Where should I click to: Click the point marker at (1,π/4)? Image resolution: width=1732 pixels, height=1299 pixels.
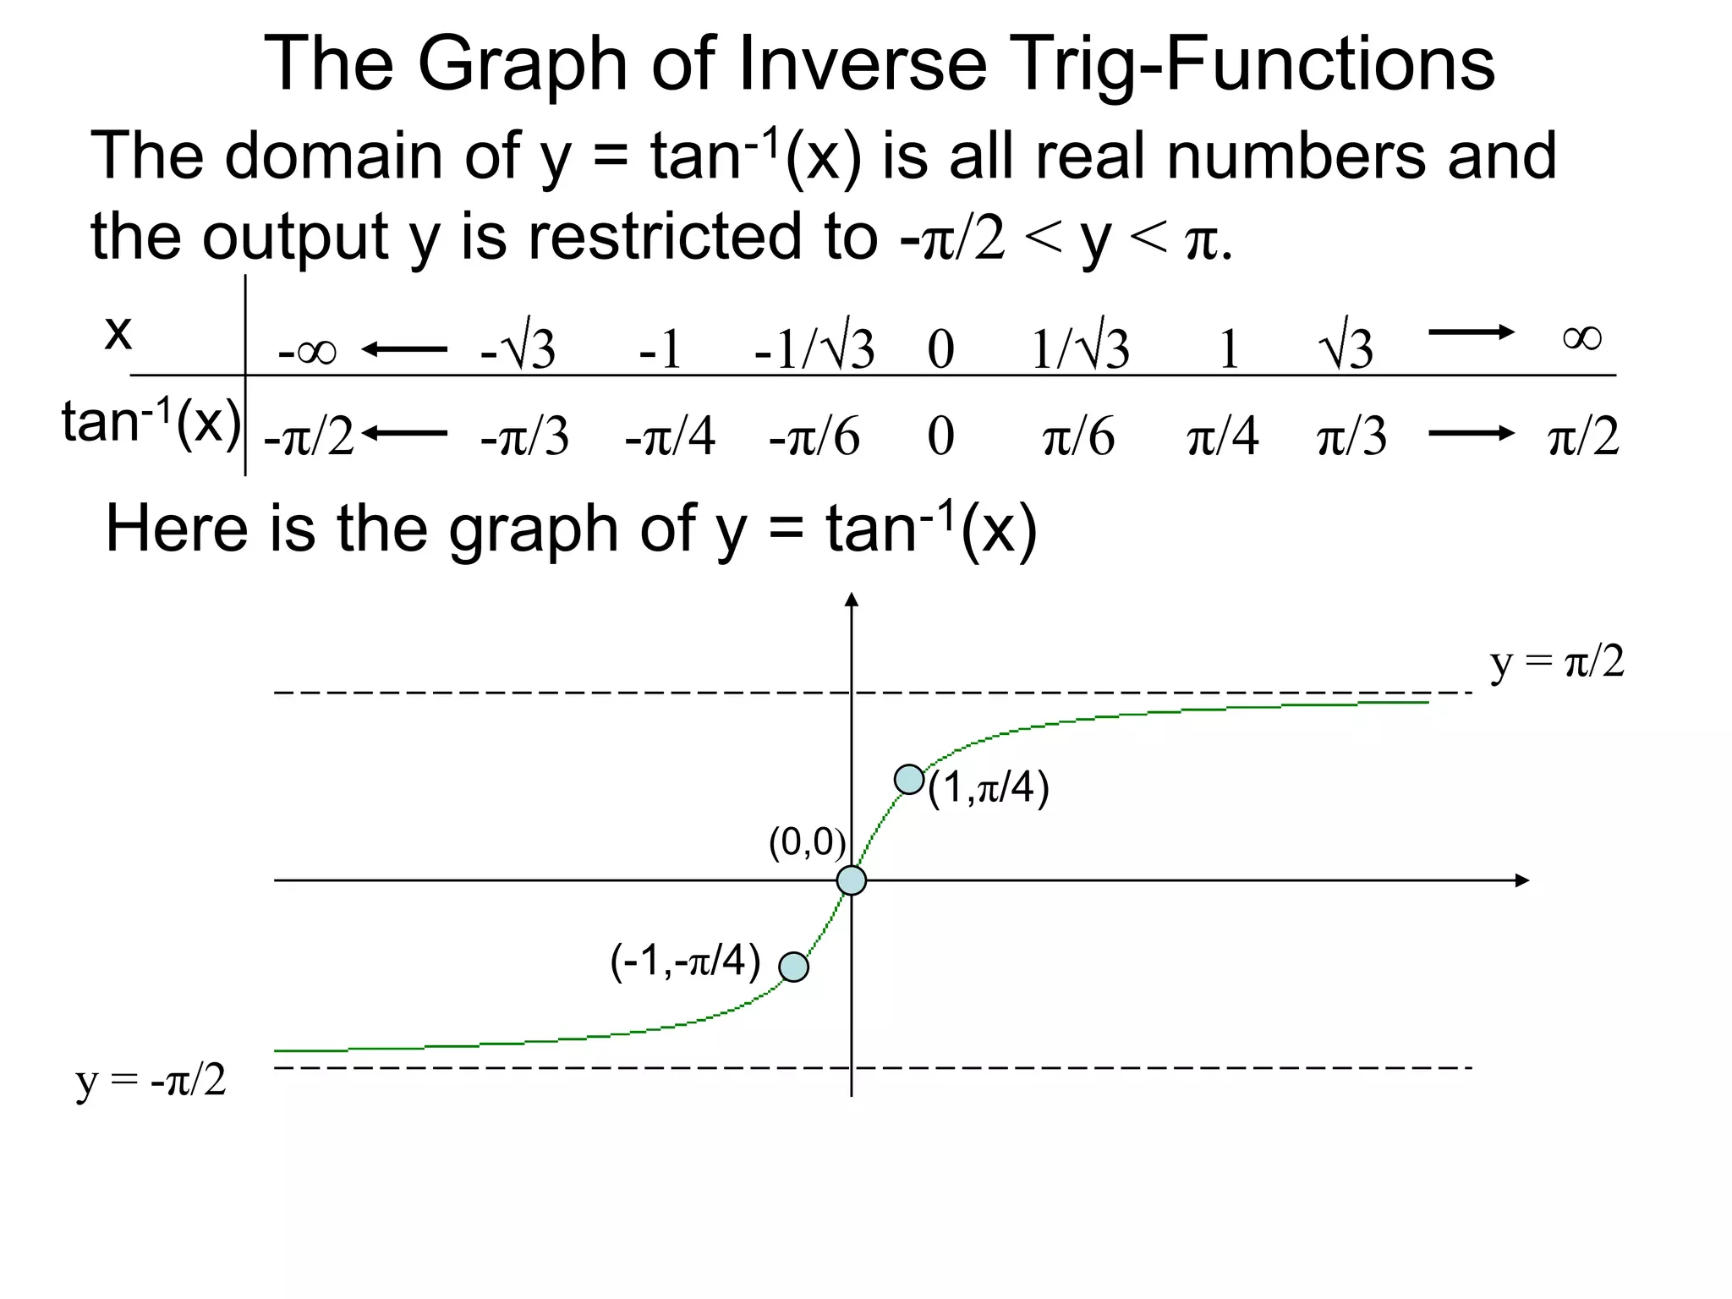pos(909,779)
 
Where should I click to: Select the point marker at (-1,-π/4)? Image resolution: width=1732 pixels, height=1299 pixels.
pos(793,967)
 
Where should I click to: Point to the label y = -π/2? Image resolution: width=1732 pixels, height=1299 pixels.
pos(151,1081)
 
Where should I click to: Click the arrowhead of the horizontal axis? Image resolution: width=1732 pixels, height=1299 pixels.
pos(1522,880)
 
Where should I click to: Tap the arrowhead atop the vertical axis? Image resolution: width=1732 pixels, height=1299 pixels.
pos(852,600)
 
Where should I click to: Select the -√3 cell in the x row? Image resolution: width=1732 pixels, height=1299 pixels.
pos(518,348)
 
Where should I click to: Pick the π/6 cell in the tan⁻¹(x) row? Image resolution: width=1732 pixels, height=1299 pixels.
pos(1078,437)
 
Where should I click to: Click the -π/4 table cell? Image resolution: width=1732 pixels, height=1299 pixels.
pos(670,437)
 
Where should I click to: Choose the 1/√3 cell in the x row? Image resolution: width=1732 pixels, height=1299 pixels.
pos(1080,348)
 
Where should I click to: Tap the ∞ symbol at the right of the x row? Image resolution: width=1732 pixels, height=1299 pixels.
pos(1581,337)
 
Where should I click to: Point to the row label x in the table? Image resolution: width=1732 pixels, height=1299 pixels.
pos(118,332)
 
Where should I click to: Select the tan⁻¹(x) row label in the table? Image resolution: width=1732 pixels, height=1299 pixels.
pos(151,422)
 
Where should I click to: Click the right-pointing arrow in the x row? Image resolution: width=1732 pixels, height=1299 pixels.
pos(1471,332)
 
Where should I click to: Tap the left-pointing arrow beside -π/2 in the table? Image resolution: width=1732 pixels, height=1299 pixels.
pos(404,434)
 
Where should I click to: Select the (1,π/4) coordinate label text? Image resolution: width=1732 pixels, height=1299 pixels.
pos(988,788)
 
